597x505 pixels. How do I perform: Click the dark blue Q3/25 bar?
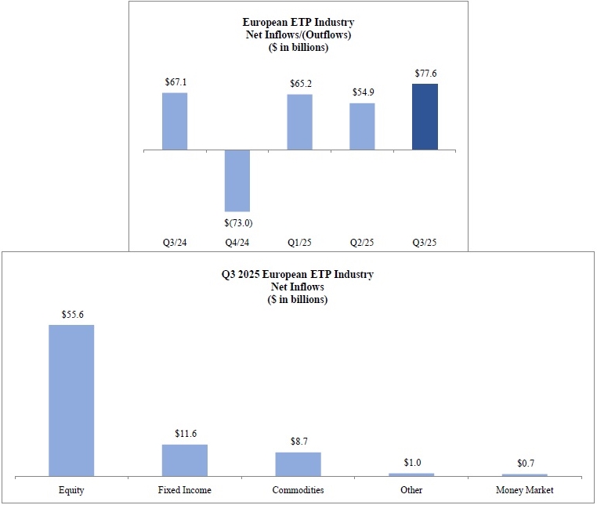pos(425,117)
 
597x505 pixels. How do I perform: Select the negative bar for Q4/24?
pos(237,180)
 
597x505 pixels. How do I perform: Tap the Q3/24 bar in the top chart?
pos(175,121)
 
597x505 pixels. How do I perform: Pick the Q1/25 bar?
pos(299,121)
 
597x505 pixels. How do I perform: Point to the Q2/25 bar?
pos(362,126)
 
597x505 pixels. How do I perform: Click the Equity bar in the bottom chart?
pos(71,399)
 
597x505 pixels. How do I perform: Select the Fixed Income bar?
pos(185,460)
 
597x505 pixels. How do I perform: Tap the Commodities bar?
pos(298,464)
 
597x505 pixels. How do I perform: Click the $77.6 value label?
pos(425,74)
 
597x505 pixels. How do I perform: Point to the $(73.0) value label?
pos(237,222)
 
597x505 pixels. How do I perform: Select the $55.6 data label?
pos(71,314)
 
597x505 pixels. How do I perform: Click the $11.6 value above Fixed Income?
pos(185,433)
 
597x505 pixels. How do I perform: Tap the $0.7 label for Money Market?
pos(525,464)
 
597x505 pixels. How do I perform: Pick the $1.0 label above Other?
pos(411,463)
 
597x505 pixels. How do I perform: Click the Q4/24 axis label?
pos(237,243)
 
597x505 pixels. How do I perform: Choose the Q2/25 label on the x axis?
pos(362,243)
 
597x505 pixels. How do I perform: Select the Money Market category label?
pos(525,490)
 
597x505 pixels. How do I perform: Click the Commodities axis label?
pos(298,490)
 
